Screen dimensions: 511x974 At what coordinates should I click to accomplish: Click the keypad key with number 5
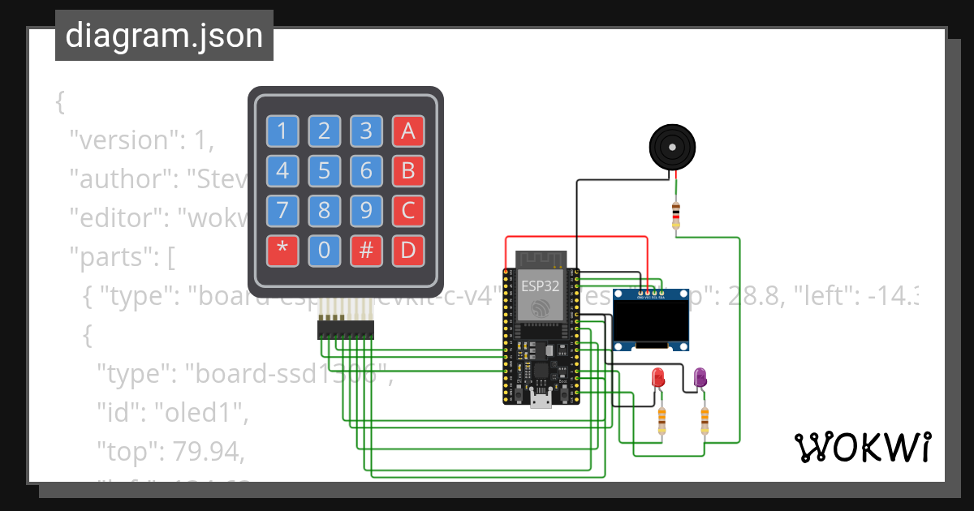click(x=324, y=171)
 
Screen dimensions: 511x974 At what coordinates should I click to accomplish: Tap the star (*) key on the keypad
click(x=282, y=251)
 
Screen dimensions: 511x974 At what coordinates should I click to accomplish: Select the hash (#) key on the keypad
click(x=366, y=251)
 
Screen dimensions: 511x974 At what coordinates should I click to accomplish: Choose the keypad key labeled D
click(x=408, y=251)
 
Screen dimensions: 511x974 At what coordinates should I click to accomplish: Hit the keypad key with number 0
click(x=324, y=251)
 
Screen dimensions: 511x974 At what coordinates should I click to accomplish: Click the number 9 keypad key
click(x=366, y=211)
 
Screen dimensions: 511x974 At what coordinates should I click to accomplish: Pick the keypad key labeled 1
click(x=282, y=131)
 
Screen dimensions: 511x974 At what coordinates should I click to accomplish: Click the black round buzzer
click(x=672, y=146)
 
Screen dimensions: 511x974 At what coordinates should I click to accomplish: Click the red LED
click(x=658, y=377)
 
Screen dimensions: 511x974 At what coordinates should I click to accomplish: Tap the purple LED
click(x=700, y=377)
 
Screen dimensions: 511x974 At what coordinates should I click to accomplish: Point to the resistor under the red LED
click(x=662, y=419)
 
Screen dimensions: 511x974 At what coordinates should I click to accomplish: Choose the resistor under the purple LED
click(x=705, y=419)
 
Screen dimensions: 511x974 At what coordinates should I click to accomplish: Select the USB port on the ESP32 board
click(x=541, y=400)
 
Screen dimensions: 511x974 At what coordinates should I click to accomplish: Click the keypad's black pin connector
click(x=346, y=328)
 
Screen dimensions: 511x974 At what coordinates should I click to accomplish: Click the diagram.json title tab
click(x=164, y=36)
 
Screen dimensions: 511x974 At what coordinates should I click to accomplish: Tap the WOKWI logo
click(x=862, y=447)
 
